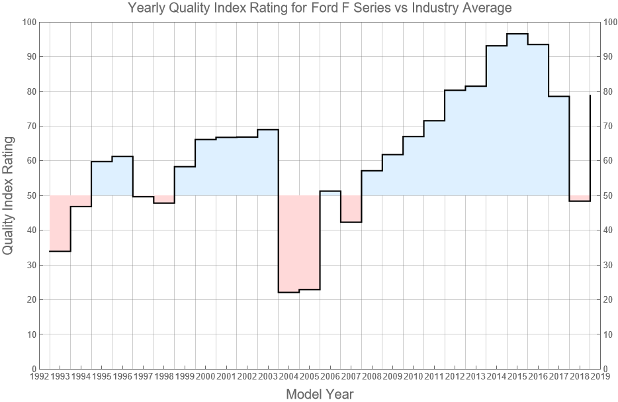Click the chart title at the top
click(320, 9)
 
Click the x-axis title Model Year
click(320, 394)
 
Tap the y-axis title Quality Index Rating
click(9, 195)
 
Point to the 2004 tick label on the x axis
click(288, 377)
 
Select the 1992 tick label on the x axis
click(39, 377)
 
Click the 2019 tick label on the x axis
click(600, 377)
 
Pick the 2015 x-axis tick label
click(517, 377)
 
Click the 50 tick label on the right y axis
click(609, 195)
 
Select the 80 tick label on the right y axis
click(609, 91)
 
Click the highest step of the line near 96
click(517, 34)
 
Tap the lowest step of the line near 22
click(288, 292)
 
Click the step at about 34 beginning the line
click(60, 251)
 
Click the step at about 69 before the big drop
click(268, 130)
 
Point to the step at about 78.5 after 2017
click(559, 97)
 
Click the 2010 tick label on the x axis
click(413, 377)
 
